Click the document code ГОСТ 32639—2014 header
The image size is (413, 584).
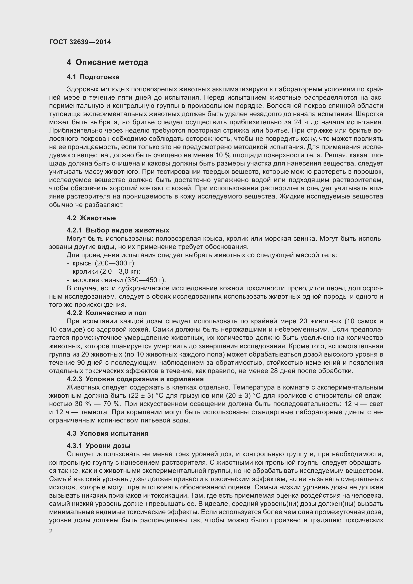(x=80, y=42)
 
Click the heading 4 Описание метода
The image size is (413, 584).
(x=107, y=62)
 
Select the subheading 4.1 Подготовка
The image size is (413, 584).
(x=93, y=77)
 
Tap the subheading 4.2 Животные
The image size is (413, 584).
(x=91, y=218)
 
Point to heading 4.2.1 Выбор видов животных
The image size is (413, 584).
(x=118, y=230)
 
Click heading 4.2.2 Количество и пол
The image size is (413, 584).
(x=107, y=313)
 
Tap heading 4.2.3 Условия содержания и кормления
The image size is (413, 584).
(x=135, y=379)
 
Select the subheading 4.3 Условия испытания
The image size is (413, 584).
(x=108, y=433)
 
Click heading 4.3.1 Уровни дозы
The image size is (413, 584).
(x=99, y=446)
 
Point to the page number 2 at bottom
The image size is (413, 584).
(x=51, y=531)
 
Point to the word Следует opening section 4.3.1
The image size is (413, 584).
(x=80, y=454)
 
